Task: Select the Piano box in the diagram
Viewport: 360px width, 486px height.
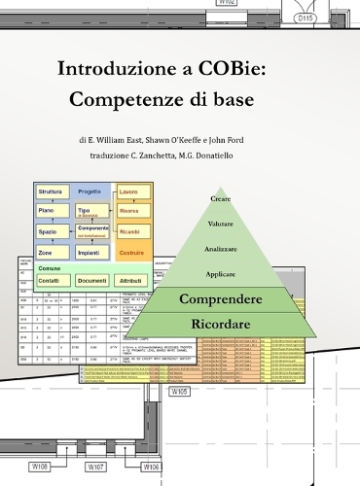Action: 48,210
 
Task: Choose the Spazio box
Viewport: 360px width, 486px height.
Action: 49,232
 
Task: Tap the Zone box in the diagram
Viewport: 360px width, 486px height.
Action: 47,253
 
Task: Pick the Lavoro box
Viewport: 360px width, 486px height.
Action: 129,192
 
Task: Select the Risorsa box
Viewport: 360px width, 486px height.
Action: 129,211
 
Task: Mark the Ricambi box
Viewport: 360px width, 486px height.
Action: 129,231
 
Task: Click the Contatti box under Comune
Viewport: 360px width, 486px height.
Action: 48,280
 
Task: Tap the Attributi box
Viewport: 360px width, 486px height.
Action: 132,280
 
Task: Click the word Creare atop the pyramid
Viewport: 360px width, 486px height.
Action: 221,199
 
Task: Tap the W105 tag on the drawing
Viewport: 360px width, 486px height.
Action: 179,392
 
